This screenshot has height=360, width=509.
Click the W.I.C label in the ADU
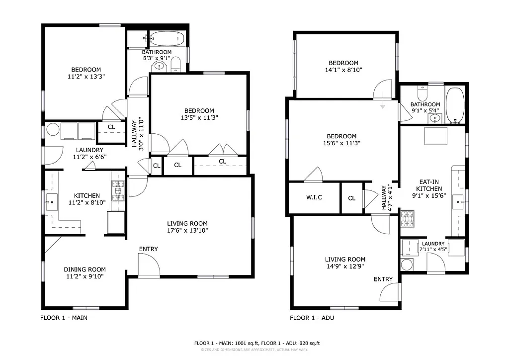pos(314,197)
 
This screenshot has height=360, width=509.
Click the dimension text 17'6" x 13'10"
pos(187,230)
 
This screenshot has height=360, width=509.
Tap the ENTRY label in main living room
pos(148,249)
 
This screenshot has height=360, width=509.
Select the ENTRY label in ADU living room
pos(383,279)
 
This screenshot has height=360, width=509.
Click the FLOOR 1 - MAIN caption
pos(64,318)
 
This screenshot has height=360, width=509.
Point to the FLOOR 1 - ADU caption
pos(312,318)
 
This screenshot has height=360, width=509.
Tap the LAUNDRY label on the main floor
pos(89,150)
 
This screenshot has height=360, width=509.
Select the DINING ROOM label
pos(85,270)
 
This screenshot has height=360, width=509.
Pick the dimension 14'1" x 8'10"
pos(343,70)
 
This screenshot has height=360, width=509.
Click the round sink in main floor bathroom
pos(160,66)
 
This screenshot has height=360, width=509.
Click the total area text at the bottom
pos(256,343)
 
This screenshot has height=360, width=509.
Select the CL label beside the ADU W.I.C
pos(352,198)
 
